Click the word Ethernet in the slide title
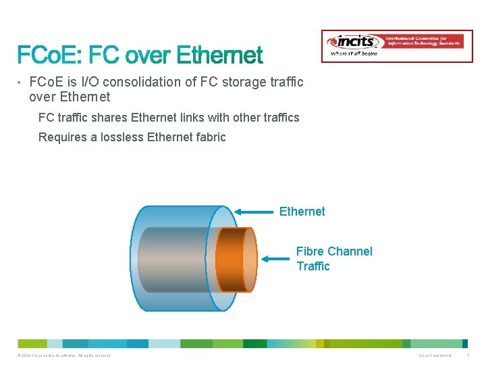[x=216, y=55]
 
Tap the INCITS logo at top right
[x=396, y=45]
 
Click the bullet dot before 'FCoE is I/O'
[x=20, y=82]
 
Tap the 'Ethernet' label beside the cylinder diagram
[x=302, y=212]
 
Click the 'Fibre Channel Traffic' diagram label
[x=333, y=259]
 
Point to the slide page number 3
[x=468, y=356]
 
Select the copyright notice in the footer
[x=65, y=356]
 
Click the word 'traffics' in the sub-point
[x=279, y=118]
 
